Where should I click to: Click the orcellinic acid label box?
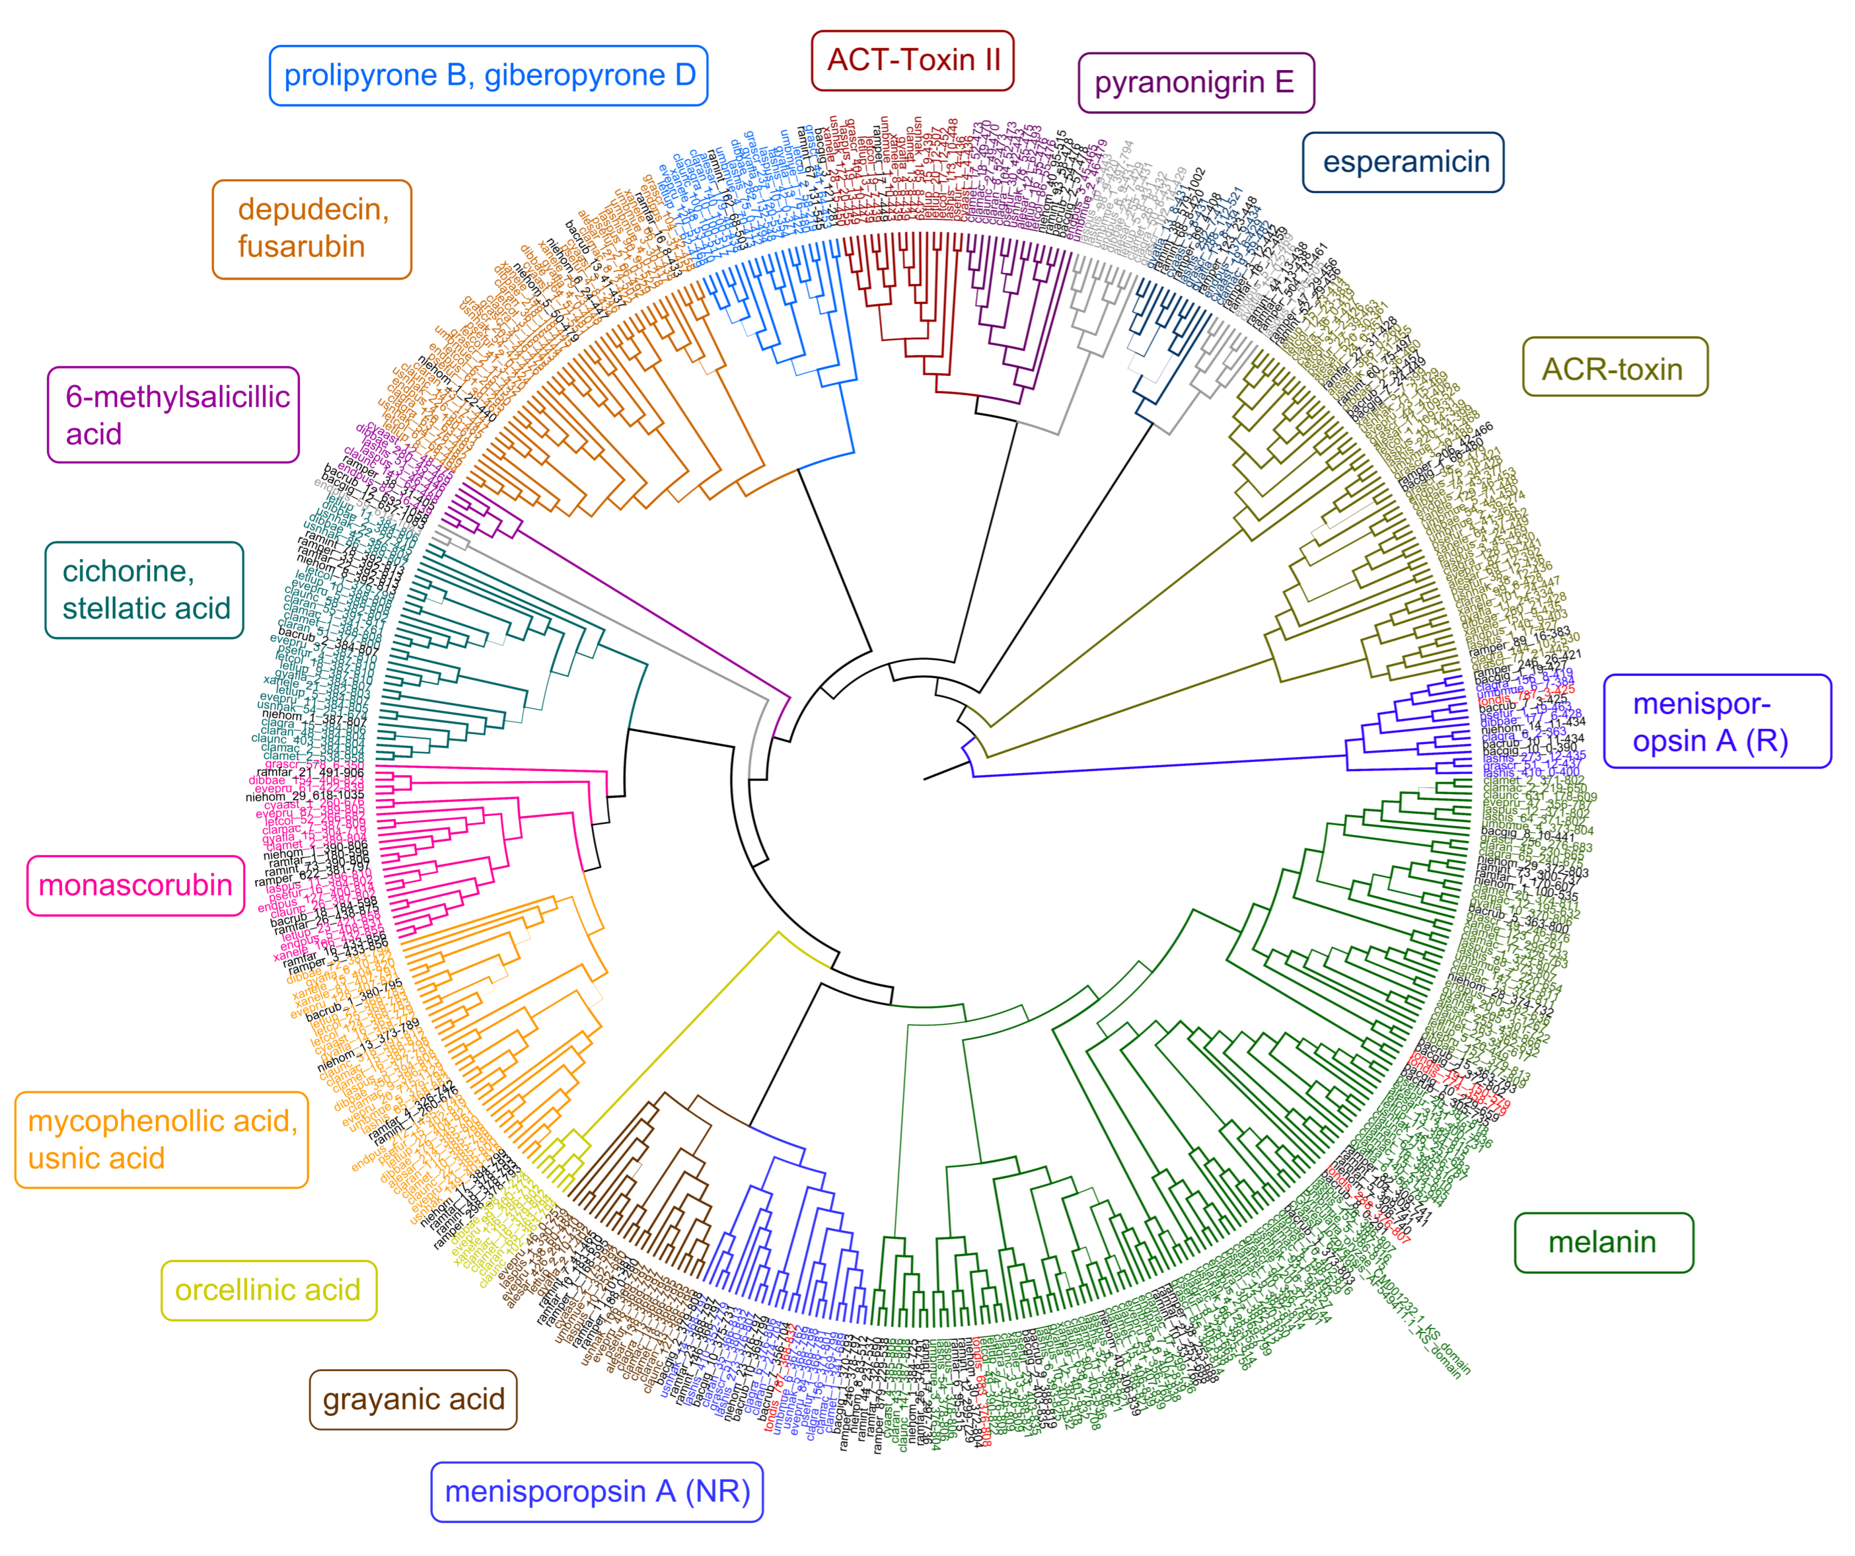(269, 1290)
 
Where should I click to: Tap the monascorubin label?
(135, 886)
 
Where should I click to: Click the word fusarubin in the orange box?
(301, 246)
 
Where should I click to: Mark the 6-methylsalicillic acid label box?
(173, 415)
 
